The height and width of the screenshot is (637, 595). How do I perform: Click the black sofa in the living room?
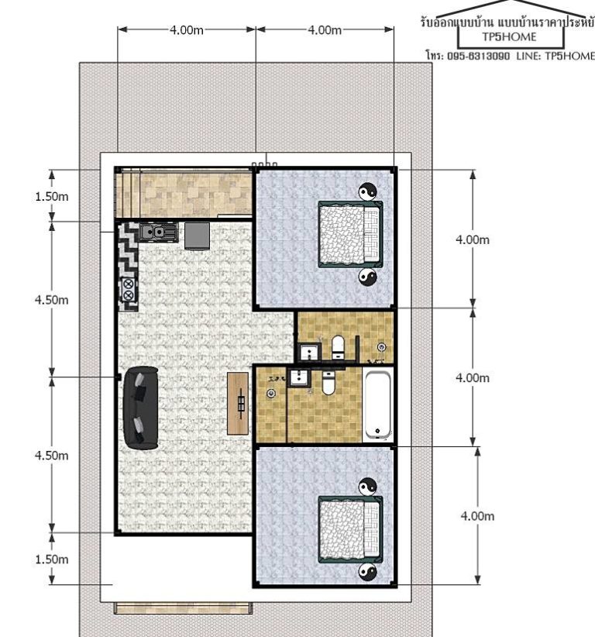pos(140,408)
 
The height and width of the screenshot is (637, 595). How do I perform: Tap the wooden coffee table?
pos(238,403)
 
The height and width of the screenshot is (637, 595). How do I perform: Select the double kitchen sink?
pos(158,232)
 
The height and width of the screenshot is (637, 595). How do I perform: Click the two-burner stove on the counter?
pos(128,289)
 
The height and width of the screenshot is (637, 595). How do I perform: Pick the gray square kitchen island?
pos(198,236)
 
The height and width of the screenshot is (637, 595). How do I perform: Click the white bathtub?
pos(377,405)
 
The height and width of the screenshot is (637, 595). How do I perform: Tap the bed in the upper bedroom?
pos(350,234)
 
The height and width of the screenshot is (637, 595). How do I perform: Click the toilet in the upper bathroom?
pos(338,347)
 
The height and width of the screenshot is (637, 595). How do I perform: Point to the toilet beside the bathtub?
pos(328,383)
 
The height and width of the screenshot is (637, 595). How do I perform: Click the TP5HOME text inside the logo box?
pos(509,37)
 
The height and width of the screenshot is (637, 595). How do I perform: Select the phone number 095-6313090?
pos(479,56)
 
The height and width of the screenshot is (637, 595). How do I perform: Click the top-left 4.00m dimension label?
pos(187,30)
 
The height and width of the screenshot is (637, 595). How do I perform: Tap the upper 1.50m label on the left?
pos(52,197)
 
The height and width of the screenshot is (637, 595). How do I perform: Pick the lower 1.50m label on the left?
pos(52,560)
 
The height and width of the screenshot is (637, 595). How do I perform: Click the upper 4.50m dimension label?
pos(52,300)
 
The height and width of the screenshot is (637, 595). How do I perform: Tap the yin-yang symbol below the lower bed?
pos(367,572)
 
